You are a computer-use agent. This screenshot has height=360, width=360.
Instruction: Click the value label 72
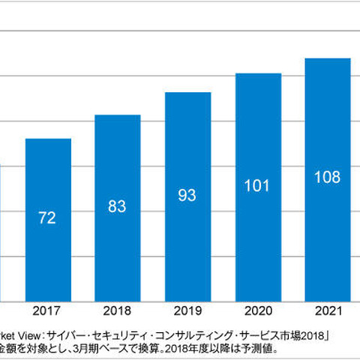pyautogui.click(x=48, y=219)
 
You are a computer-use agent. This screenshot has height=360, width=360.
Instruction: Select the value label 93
pyautogui.click(x=187, y=195)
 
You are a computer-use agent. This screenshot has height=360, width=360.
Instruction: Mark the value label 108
pyautogui.click(x=328, y=177)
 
